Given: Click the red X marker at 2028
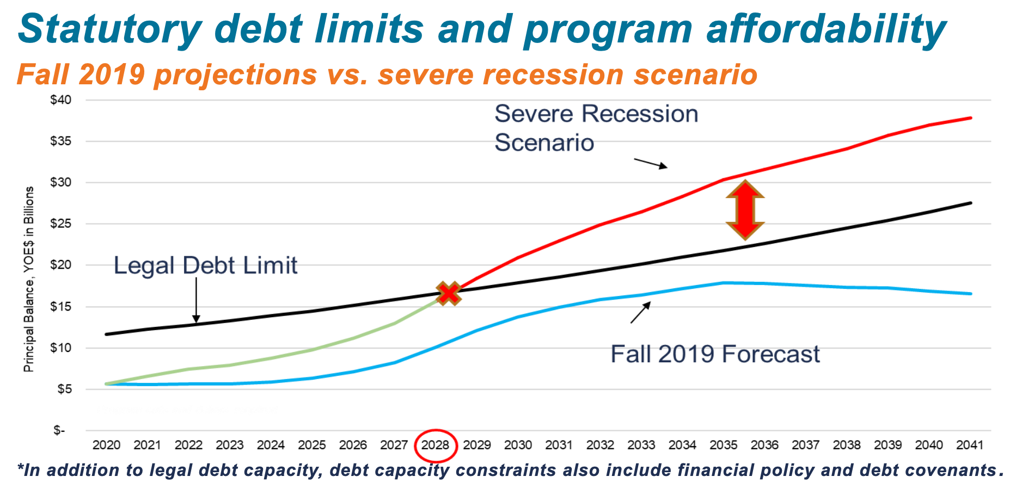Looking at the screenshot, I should [448, 294].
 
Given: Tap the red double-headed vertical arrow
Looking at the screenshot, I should [745, 210].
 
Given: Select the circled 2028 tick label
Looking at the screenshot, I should [436, 445].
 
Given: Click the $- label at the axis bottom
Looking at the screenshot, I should [59, 431].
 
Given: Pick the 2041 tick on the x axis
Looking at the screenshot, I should [970, 445].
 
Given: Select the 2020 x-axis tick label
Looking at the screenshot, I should [106, 445].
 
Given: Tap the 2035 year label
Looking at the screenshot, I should [723, 445].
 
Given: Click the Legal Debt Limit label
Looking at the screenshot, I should [205, 266].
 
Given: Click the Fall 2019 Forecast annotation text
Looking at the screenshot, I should [715, 354].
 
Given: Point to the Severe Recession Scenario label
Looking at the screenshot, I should [596, 128].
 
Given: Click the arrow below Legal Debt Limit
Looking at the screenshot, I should [197, 300].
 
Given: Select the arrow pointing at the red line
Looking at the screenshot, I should [651, 163].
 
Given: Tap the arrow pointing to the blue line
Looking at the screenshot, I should [640, 313].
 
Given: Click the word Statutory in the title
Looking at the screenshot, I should [109, 28].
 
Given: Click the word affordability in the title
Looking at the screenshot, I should [826, 28].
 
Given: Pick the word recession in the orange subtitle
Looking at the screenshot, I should [553, 75].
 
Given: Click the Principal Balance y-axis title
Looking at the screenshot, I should [29, 279].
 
